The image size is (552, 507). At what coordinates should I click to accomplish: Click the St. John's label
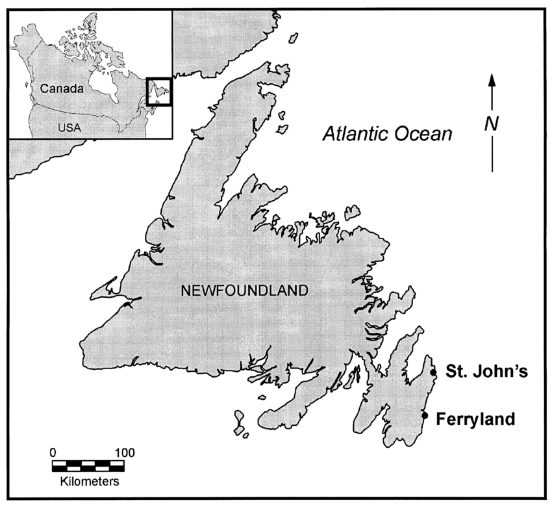[481, 372]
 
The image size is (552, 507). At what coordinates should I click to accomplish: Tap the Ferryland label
[476, 419]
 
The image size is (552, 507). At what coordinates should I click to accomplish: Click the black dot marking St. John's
[433, 372]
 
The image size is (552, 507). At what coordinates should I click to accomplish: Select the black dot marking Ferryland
[425, 415]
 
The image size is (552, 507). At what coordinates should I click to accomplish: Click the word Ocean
[425, 135]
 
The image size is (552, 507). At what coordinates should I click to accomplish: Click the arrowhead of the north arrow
[492, 79]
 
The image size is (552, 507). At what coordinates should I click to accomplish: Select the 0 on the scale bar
[53, 452]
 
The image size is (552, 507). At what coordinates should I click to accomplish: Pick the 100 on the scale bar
[124, 452]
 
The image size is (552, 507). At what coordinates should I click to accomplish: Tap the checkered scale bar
[89, 465]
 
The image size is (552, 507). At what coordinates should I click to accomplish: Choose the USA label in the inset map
[69, 127]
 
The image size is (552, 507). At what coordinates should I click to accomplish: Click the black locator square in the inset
[159, 91]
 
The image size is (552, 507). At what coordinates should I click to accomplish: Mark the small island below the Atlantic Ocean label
[351, 211]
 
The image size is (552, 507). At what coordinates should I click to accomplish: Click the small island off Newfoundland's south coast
[239, 421]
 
